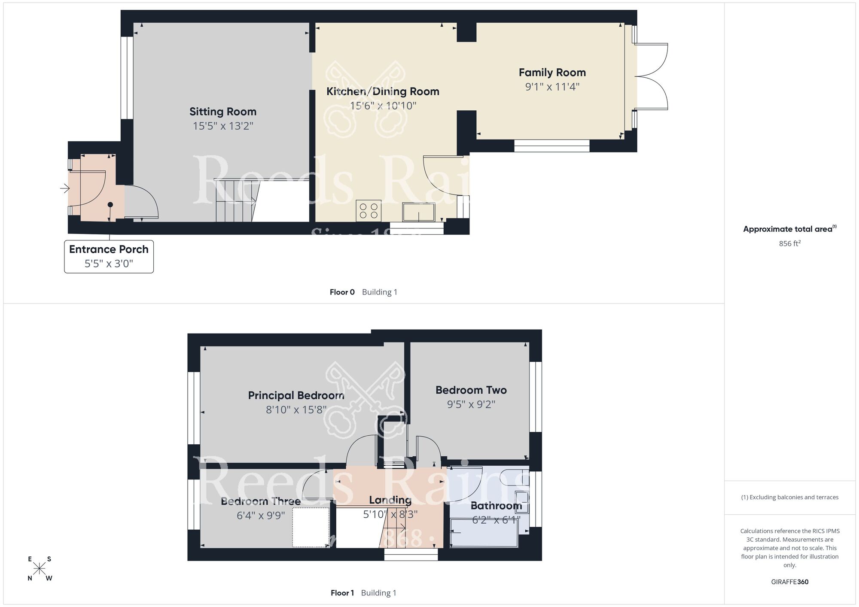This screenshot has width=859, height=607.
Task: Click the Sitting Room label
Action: (x=223, y=112)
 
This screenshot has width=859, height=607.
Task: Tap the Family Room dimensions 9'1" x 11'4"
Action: (x=552, y=87)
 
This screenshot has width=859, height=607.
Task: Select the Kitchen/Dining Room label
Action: (x=383, y=91)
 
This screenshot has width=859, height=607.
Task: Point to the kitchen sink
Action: (x=418, y=212)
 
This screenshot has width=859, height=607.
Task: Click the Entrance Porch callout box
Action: (x=109, y=256)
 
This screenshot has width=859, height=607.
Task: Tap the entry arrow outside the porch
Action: (x=65, y=188)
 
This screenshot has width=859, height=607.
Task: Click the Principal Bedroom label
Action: (x=296, y=395)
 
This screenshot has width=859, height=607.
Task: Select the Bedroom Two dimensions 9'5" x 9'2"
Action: (x=471, y=404)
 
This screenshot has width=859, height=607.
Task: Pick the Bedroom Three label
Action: (x=260, y=501)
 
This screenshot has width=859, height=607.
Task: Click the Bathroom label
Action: (x=496, y=506)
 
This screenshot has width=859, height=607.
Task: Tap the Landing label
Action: (x=390, y=500)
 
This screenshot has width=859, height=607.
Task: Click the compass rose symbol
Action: (x=40, y=569)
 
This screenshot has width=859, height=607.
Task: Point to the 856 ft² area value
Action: (x=789, y=243)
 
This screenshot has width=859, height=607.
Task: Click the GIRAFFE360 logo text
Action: (x=789, y=582)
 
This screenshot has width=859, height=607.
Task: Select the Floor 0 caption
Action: (x=342, y=292)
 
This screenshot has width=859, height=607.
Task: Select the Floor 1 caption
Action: (x=342, y=593)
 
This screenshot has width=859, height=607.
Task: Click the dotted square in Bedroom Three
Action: (x=311, y=527)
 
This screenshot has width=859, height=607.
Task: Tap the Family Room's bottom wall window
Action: (x=551, y=146)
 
